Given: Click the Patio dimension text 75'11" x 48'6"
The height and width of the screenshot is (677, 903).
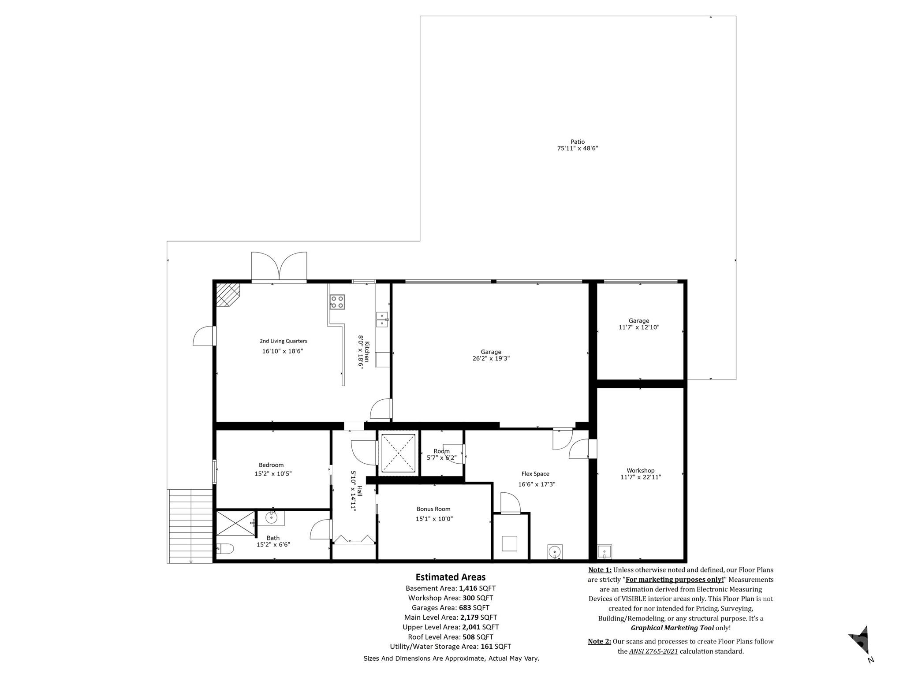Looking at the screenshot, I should click(577, 149).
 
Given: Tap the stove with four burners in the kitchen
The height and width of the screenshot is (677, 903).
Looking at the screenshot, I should click(337, 302).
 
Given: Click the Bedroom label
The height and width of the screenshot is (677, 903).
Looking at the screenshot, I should click(271, 465).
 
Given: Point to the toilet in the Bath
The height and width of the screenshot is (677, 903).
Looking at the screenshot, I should click(225, 549).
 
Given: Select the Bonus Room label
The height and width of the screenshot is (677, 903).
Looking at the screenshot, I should click(433, 509).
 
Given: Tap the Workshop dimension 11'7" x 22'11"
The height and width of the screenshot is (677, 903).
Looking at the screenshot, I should click(641, 477).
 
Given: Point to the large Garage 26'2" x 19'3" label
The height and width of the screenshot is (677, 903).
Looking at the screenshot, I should click(491, 355).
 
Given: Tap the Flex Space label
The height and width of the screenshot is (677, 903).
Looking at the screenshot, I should click(535, 474).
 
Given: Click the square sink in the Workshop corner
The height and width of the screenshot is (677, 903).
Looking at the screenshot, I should click(604, 551).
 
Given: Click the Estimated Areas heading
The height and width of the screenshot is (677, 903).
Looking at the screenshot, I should click(450, 577).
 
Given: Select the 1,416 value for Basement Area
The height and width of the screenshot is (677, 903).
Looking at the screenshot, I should click(468, 588).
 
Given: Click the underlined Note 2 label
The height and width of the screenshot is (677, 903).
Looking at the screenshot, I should click(599, 641).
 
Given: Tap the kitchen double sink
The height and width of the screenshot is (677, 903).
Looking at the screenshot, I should click(382, 320).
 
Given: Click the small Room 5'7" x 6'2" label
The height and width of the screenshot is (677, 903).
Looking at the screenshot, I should click(441, 454).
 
